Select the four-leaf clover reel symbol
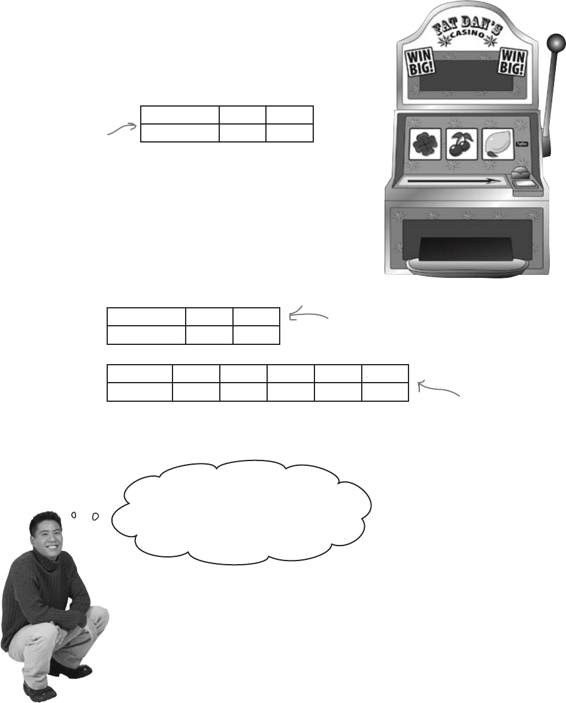425,144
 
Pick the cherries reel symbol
462,144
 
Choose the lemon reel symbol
497,144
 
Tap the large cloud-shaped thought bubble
242,512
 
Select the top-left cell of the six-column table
140,374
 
